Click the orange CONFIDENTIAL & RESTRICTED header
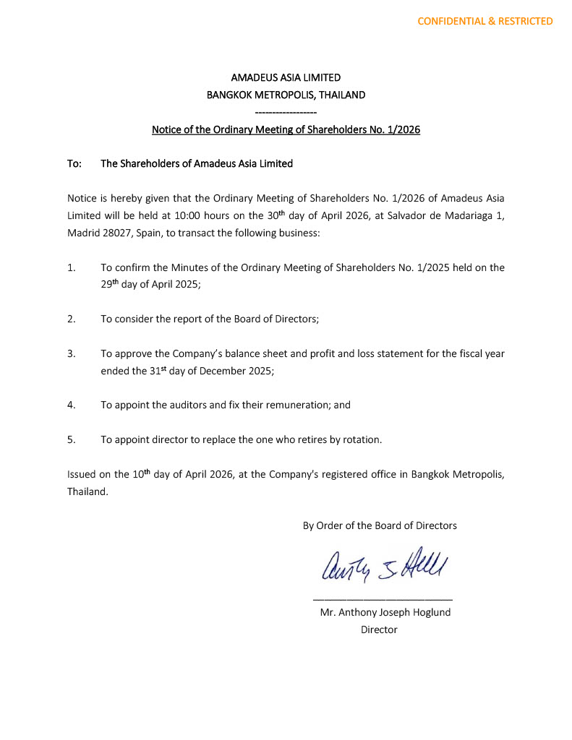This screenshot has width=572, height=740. pyautogui.click(x=485, y=21)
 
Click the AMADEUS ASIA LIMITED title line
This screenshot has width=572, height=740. pyautogui.click(x=286, y=77)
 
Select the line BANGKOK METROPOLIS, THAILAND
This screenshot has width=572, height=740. pyautogui.click(x=286, y=95)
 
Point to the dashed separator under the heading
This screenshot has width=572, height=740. pyautogui.click(x=286, y=112)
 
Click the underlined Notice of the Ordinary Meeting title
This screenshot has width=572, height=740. pyautogui.click(x=286, y=130)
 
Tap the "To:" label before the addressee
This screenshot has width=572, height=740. pyautogui.click(x=74, y=164)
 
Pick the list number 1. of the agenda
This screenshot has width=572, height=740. pyautogui.click(x=72, y=267)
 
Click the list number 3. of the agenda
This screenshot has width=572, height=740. pyautogui.click(x=72, y=354)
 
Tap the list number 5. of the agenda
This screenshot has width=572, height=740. pyautogui.click(x=72, y=439)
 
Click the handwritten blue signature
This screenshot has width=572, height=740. pyautogui.click(x=380, y=565)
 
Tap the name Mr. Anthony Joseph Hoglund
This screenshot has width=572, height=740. pyautogui.click(x=385, y=612)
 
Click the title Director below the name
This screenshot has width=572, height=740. pyautogui.click(x=380, y=629)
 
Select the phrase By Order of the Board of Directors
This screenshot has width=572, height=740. pyautogui.click(x=380, y=526)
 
